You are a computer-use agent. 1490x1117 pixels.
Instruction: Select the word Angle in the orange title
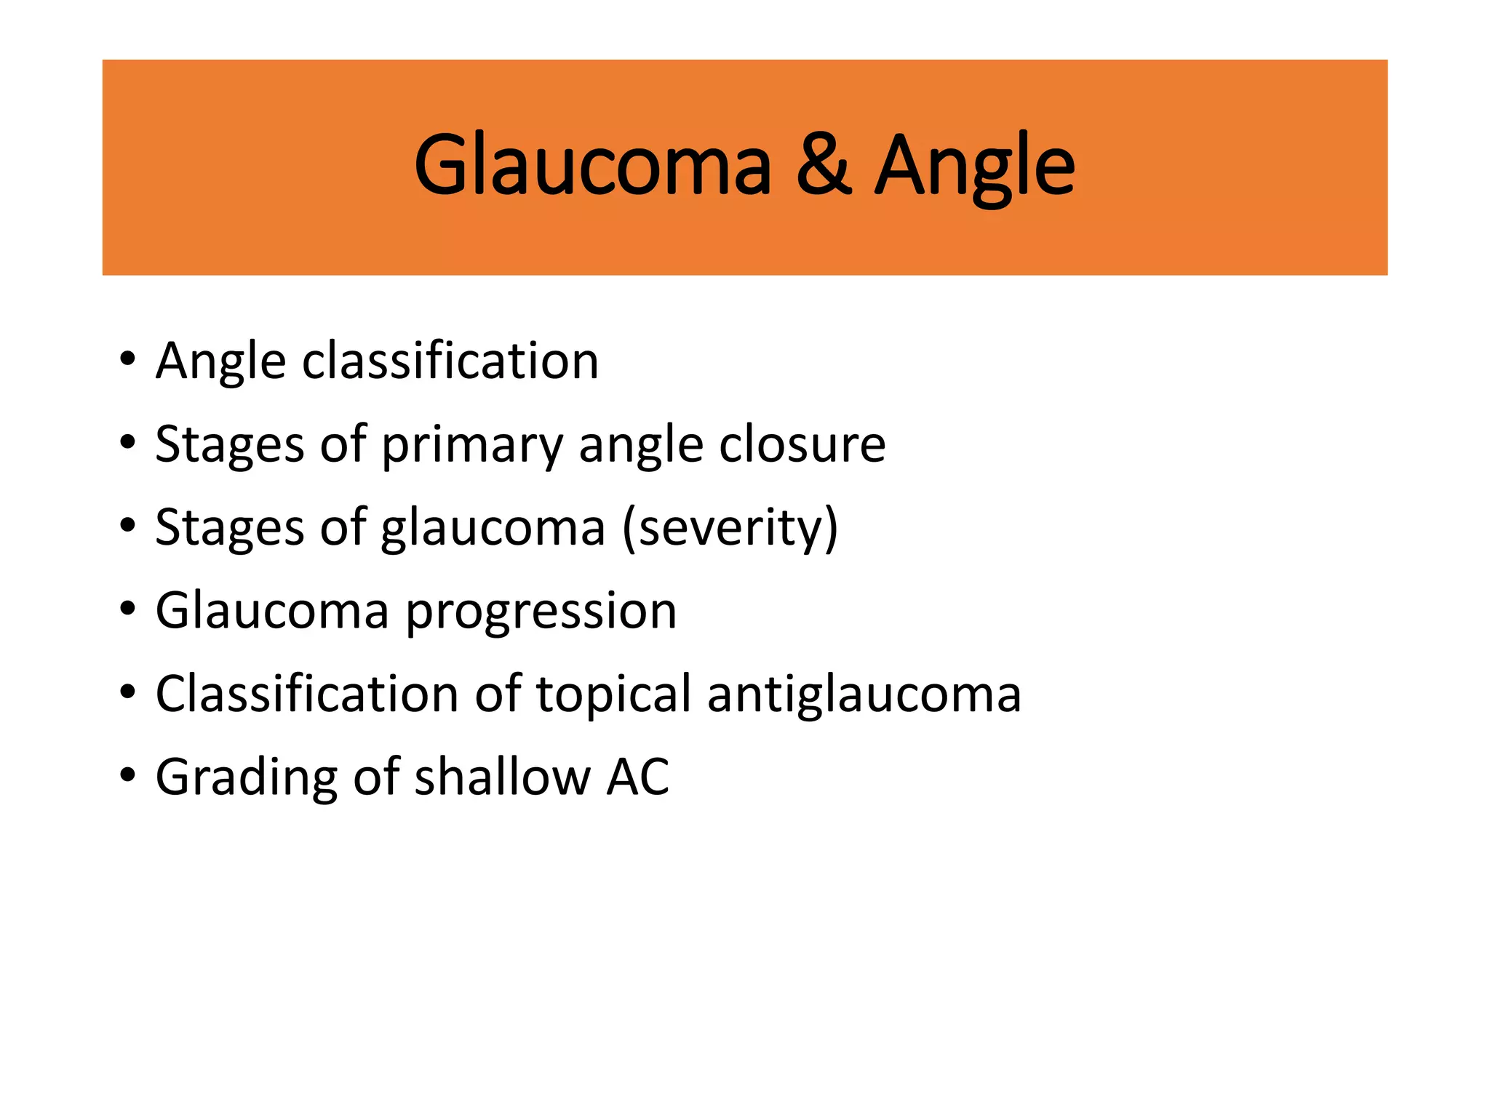[974, 167]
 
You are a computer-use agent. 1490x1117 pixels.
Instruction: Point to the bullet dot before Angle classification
[128, 359]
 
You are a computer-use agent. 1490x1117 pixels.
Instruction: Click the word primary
[471, 445]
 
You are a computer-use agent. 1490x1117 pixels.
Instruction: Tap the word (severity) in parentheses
[730, 528]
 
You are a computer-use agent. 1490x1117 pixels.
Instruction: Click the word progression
[541, 612]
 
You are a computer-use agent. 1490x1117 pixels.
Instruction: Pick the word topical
[613, 695]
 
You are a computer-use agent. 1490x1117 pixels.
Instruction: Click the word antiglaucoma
[864, 695]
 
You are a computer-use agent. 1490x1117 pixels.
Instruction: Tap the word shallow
[502, 777]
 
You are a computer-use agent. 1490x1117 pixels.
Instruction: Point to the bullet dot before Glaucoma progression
[128, 608]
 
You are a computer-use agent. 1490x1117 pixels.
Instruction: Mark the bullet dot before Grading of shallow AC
[128, 774]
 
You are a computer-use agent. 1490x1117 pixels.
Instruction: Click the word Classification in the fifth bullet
[306, 694]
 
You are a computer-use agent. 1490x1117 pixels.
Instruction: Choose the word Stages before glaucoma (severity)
[230, 528]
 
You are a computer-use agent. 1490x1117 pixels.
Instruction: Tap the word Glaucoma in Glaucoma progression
[272, 611]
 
